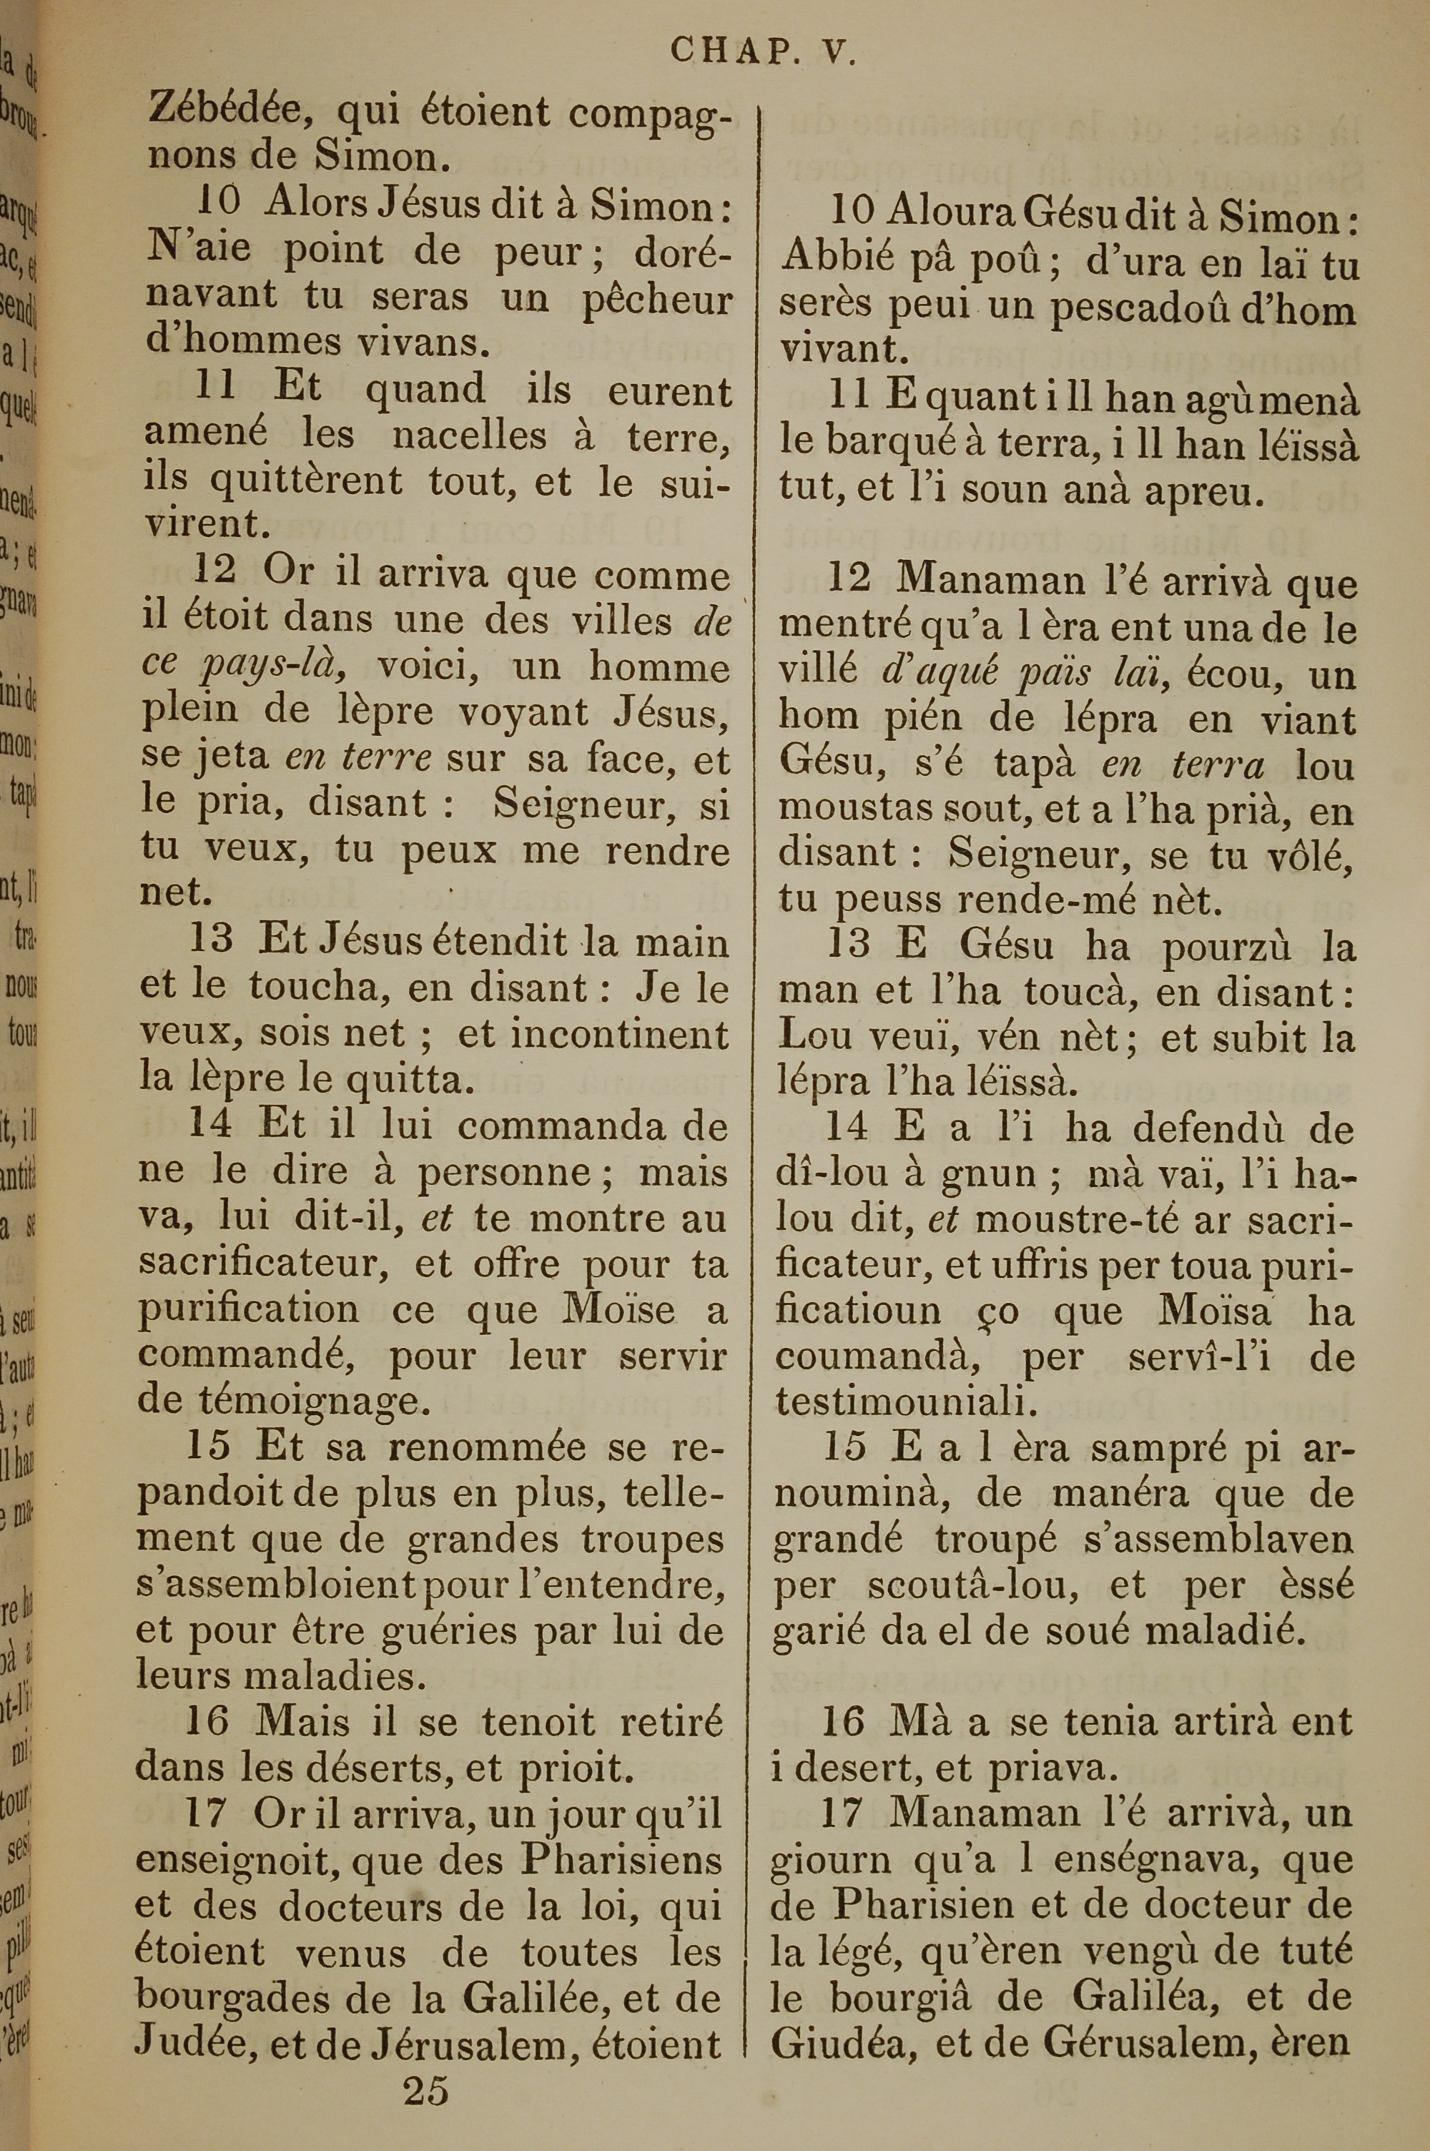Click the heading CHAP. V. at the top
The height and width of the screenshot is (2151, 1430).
point(764,51)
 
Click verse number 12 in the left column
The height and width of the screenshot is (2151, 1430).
point(215,571)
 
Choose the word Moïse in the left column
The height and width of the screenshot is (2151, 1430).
point(619,1310)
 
